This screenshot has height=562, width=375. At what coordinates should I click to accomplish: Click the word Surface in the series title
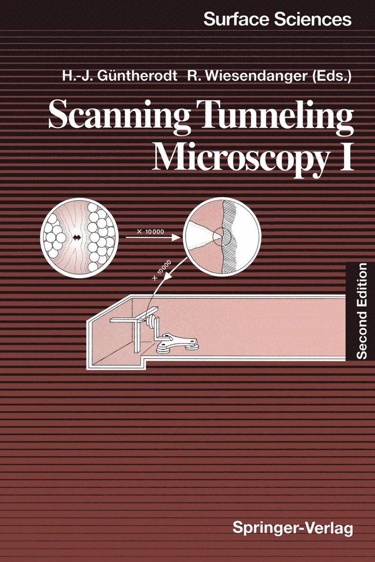pyautogui.click(x=236, y=20)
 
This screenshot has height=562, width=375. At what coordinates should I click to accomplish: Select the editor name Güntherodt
pyautogui.click(x=138, y=76)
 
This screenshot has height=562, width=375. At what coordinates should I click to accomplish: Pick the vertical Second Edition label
pyautogui.click(x=361, y=311)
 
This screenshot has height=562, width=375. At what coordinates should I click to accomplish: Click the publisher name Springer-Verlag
pyautogui.click(x=293, y=528)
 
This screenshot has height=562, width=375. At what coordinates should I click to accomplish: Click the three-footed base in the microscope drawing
pyautogui.click(x=178, y=343)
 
